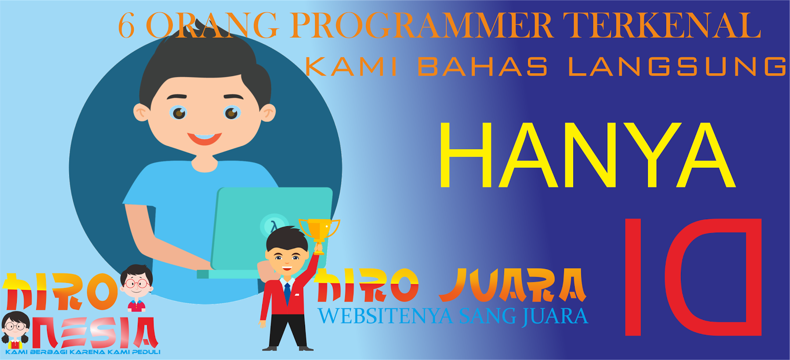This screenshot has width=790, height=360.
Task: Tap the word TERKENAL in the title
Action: [x=662, y=26]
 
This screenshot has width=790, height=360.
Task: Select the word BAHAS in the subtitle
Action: [x=482, y=67]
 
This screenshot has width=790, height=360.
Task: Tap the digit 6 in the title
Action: [x=126, y=26]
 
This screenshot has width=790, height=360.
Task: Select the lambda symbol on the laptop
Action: [x=273, y=227]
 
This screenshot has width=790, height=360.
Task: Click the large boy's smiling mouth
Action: [x=204, y=138]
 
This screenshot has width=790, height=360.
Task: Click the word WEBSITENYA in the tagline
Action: [x=385, y=317]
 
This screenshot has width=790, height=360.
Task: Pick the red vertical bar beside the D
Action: [x=632, y=277]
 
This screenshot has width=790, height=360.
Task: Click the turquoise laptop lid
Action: [x=272, y=227]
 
